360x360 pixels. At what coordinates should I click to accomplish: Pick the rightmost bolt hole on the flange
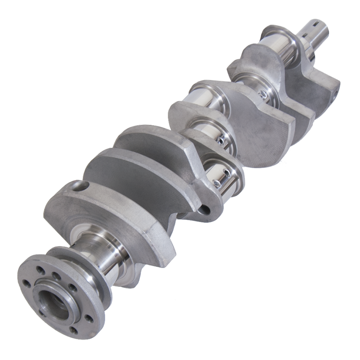click(88, 317)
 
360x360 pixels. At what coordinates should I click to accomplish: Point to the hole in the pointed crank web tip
click(206, 209)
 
